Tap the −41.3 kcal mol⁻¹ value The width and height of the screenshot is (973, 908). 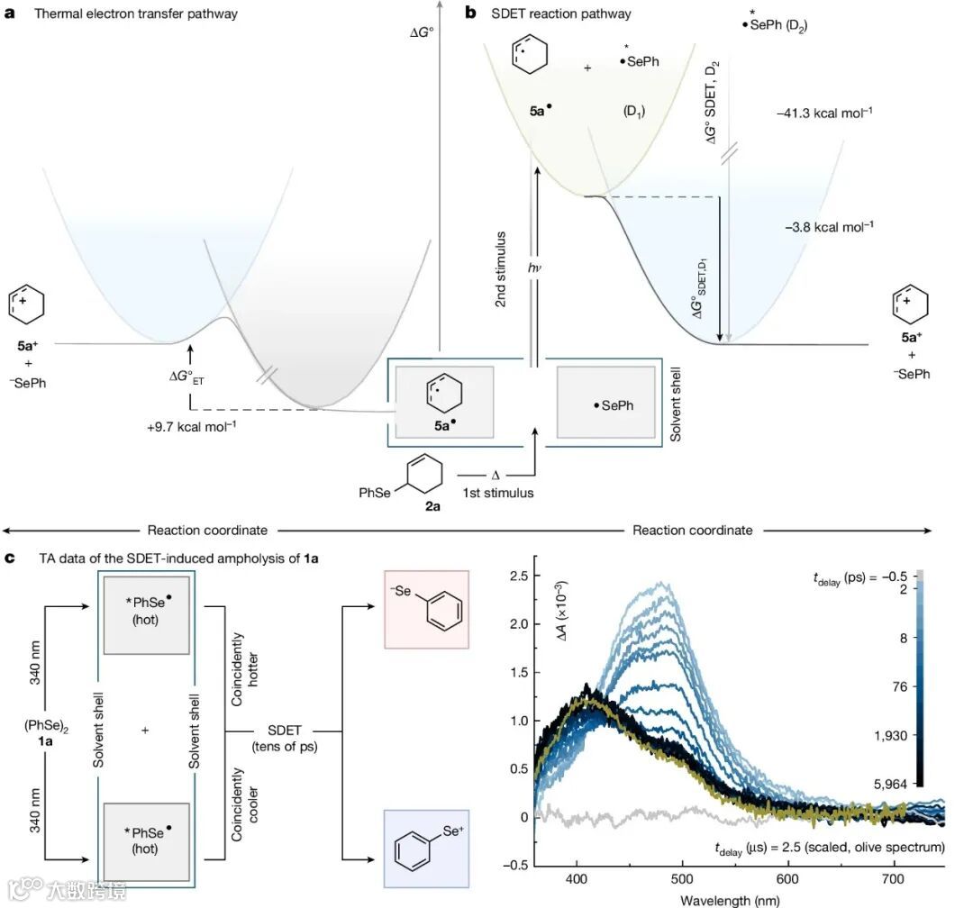(x=823, y=113)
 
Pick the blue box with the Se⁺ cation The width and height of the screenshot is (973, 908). (x=426, y=851)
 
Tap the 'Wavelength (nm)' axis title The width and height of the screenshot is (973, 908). (x=723, y=899)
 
